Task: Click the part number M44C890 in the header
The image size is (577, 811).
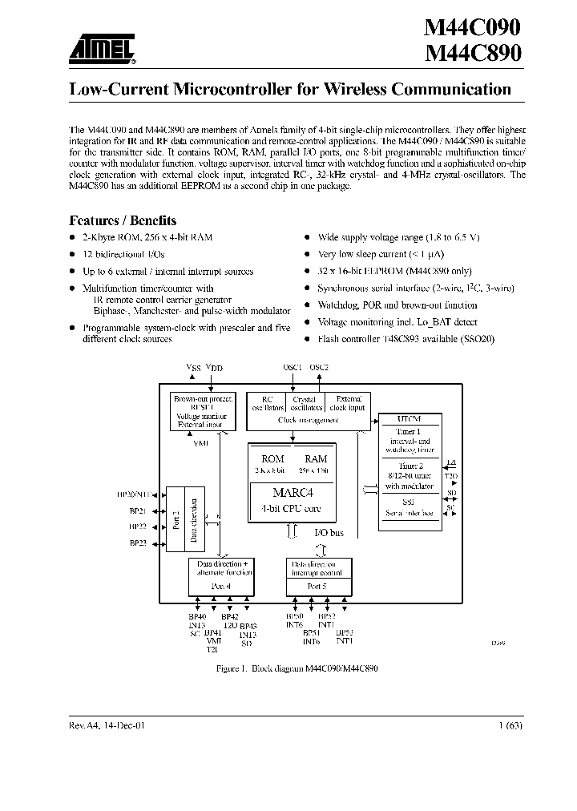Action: pyautogui.click(x=473, y=54)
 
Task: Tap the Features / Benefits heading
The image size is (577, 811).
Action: pyautogui.click(x=123, y=220)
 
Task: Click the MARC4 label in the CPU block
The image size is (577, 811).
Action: pyautogui.click(x=290, y=492)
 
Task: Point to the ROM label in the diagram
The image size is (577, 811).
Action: pyautogui.click(x=272, y=458)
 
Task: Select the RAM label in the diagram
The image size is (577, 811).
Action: pyautogui.click(x=316, y=458)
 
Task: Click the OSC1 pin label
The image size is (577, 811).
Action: pyautogui.click(x=293, y=367)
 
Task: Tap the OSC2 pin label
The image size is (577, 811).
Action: pyautogui.click(x=319, y=367)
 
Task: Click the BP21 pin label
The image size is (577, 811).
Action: pyautogui.click(x=137, y=510)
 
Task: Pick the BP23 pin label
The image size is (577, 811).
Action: pyautogui.click(x=137, y=543)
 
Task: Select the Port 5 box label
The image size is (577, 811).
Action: pyautogui.click(x=318, y=586)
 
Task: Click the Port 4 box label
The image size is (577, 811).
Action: pyautogui.click(x=222, y=586)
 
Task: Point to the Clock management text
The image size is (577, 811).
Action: pyautogui.click(x=308, y=420)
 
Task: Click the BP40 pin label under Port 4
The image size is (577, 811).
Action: pyautogui.click(x=197, y=616)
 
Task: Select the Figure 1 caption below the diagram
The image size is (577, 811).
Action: pyautogui.click(x=297, y=668)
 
